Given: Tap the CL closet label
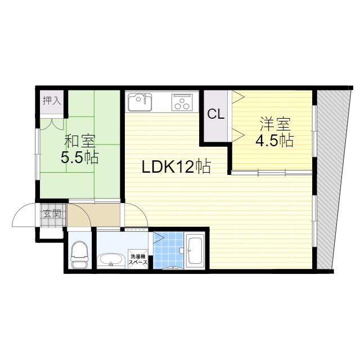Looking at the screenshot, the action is coord(216,114).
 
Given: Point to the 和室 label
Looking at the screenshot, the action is coord(80,141).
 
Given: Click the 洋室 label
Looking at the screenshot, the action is coord(275,124).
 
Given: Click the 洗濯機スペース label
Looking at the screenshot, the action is coord(138,259).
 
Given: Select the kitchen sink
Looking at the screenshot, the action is coord(139,102).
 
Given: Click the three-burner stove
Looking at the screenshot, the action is coord(182,102).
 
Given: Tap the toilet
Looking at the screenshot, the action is coord(79,254).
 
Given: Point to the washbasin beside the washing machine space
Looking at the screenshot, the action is coord(111,260).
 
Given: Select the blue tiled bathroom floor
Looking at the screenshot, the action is coord(168,250).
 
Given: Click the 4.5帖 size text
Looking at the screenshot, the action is coord(274,140).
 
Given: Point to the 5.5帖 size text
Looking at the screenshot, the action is coord(79,157).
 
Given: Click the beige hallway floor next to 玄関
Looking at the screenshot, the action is coord(94,215).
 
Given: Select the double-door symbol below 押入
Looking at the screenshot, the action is coord(52,124).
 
